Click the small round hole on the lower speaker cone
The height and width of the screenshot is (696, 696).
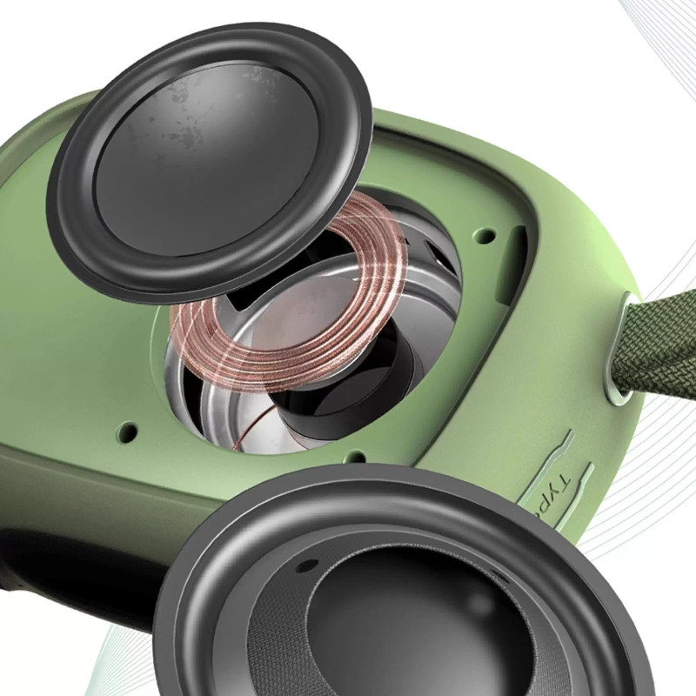(x=306, y=565)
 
